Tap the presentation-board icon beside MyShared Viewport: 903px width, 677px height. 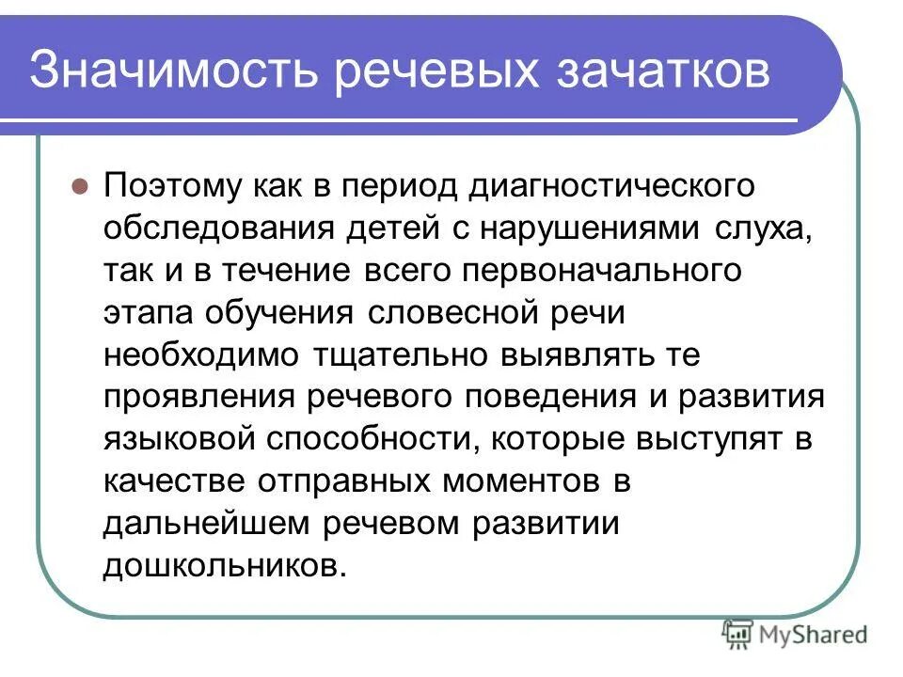737,635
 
